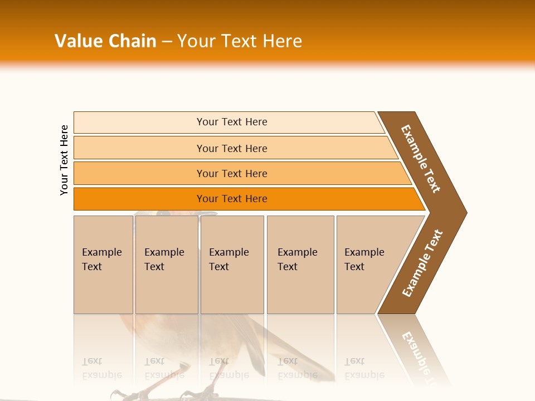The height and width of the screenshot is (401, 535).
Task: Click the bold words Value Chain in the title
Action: click(x=105, y=41)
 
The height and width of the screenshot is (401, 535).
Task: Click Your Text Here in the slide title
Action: click(x=240, y=41)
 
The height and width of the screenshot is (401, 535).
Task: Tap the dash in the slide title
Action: click(x=167, y=42)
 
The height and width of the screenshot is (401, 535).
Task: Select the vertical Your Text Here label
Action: click(x=64, y=160)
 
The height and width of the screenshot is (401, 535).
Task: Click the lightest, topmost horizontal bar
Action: click(x=231, y=122)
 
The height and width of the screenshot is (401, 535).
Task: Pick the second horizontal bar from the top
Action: click(x=231, y=148)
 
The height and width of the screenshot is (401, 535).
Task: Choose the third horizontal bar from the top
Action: click(x=231, y=173)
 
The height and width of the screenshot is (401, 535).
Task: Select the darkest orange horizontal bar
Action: click(x=231, y=199)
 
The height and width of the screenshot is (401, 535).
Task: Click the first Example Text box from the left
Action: click(x=103, y=265)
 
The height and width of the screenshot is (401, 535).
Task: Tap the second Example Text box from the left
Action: click(x=167, y=265)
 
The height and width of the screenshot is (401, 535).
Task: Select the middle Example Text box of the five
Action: click(x=232, y=265)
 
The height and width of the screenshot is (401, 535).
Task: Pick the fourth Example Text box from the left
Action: click(x=300, y=265)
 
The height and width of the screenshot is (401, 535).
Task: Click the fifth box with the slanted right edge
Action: click(x=368, y=265)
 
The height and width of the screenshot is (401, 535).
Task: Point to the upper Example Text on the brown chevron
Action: click(x=421, y=159)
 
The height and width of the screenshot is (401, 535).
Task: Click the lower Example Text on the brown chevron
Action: click(x=422, y=263)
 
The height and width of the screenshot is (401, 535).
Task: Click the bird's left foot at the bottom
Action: click(x=120, y=393)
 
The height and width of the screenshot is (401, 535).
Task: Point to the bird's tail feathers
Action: click(x=301, y=356)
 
